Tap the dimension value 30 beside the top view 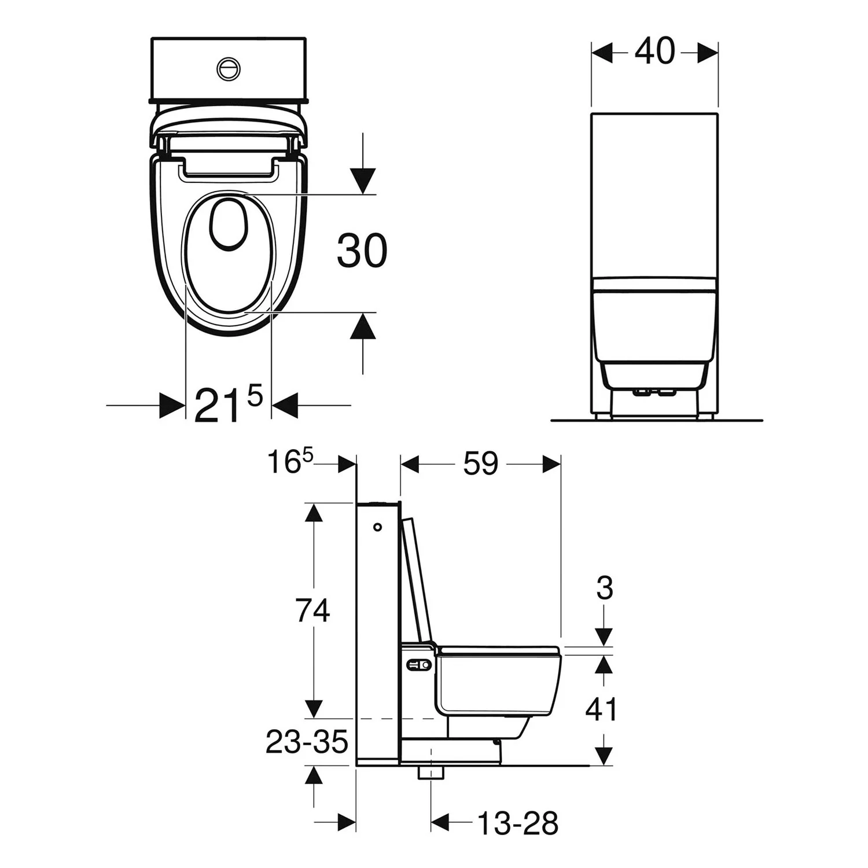pyautogui.click(x=362, y=251)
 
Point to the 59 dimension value pyautogui.click(x=480, y=464)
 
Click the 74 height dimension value pyautogui.click(x=312, y=610)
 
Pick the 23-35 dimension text pyautogui.click(x=307, y=742)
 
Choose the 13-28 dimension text pyautogui.click(x=518, y=823)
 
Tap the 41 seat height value pyautogui.click(x=602, y=709)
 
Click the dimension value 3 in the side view pyautogui.click(x=604, y=588)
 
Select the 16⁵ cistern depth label pyautogui.click(x=290, y=462)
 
